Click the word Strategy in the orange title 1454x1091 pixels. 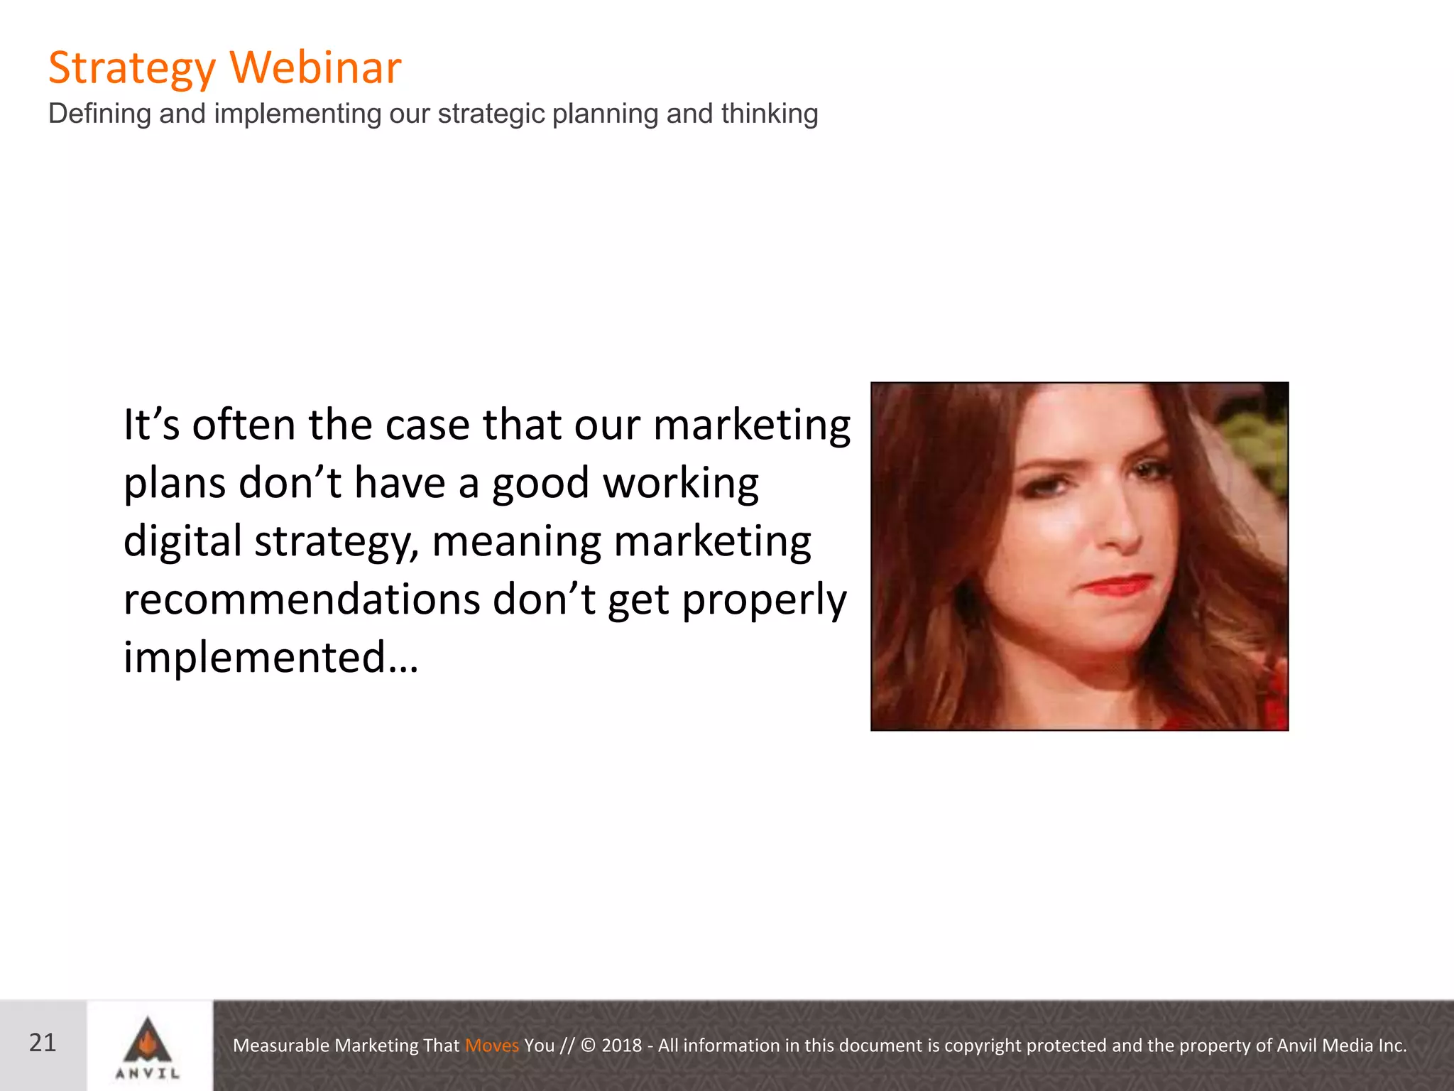131,69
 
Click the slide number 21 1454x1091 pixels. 43,1043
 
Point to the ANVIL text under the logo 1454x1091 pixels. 148,1073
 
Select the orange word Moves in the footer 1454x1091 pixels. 492,1046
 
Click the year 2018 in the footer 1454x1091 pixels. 621,1046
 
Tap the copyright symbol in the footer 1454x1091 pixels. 589,1046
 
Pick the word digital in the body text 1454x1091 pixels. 182,541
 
